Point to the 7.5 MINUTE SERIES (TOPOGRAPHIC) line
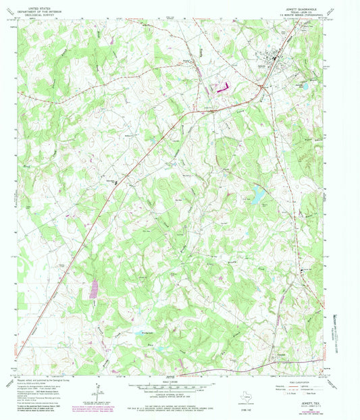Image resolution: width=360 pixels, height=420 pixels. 301,16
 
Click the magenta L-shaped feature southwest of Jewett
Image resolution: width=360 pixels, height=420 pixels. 222,87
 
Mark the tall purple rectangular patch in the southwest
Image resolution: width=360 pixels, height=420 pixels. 93,288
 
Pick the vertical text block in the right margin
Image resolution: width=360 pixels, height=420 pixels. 333,331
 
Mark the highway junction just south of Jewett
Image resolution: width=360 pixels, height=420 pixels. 263,86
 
